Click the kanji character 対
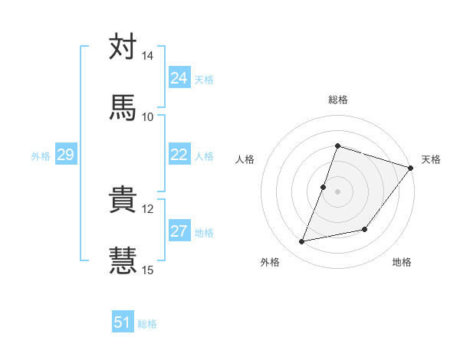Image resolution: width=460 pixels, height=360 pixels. point(123,47)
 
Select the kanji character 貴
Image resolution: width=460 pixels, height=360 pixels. point(123,200)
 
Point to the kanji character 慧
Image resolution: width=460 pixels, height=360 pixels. point(123,259)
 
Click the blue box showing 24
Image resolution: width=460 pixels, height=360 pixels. point(179,78)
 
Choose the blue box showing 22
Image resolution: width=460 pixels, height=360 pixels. point(179,155)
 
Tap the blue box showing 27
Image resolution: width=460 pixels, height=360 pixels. point(179,231)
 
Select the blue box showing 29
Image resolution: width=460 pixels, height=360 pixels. point(65,155)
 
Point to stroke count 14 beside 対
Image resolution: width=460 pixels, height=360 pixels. point(148,57)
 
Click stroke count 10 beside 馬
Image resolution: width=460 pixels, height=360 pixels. point(148,116)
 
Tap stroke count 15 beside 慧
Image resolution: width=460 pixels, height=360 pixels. point(148,269)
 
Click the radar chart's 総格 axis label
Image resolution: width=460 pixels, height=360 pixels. point(337,100)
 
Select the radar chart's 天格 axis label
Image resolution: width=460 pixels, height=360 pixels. point(431,159)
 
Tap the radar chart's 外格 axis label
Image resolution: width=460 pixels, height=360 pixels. point(270,262)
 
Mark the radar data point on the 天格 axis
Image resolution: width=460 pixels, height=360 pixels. point(410,168)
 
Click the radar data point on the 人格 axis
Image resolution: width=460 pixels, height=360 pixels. point(324,187)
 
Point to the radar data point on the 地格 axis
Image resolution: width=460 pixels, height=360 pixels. point(365,229)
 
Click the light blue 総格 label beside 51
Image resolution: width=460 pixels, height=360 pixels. point(147,324)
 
